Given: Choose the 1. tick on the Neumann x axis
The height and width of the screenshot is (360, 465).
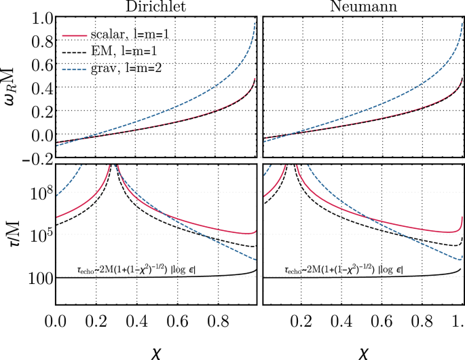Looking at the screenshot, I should tap(457, 319).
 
